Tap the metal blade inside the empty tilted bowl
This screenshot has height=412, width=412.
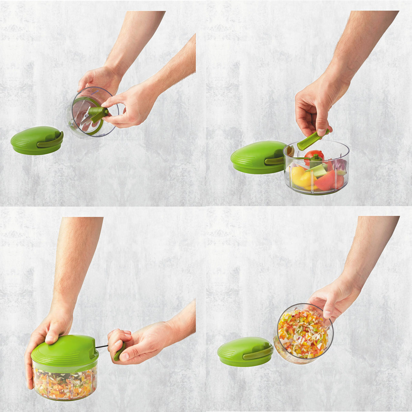(x=84, y=118)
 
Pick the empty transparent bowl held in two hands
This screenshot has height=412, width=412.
(x=92, y=113)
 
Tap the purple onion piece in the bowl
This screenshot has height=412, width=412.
(x=340, y=165)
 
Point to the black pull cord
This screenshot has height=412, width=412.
(x=102, y=347)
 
